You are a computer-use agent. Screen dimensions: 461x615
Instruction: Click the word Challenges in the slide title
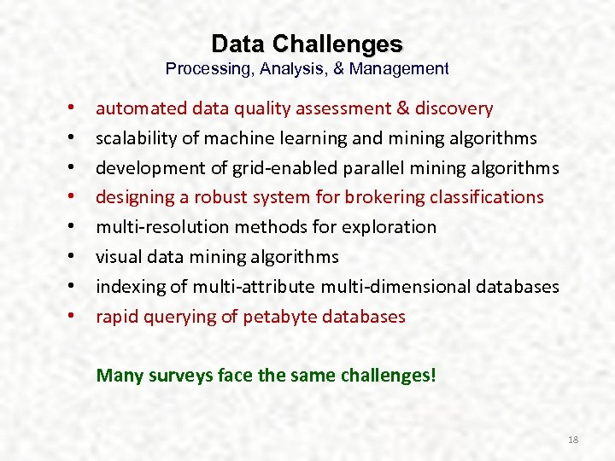350,44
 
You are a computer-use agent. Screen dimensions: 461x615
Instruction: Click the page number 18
573,440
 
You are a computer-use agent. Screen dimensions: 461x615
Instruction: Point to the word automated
129,108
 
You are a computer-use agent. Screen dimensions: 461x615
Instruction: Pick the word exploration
389,227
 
